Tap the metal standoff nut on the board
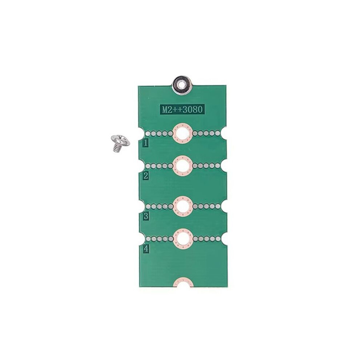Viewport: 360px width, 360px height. pos(183,85)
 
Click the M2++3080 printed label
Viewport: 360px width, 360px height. pos(182,110)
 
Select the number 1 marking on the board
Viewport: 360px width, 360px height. pos(146,143)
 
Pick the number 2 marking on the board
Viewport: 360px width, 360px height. pos(146,176)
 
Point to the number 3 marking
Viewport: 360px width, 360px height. pos(146,216)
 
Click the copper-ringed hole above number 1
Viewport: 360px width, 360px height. pos(183,133)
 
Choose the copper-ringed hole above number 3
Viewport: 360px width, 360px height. pos(183,206)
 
